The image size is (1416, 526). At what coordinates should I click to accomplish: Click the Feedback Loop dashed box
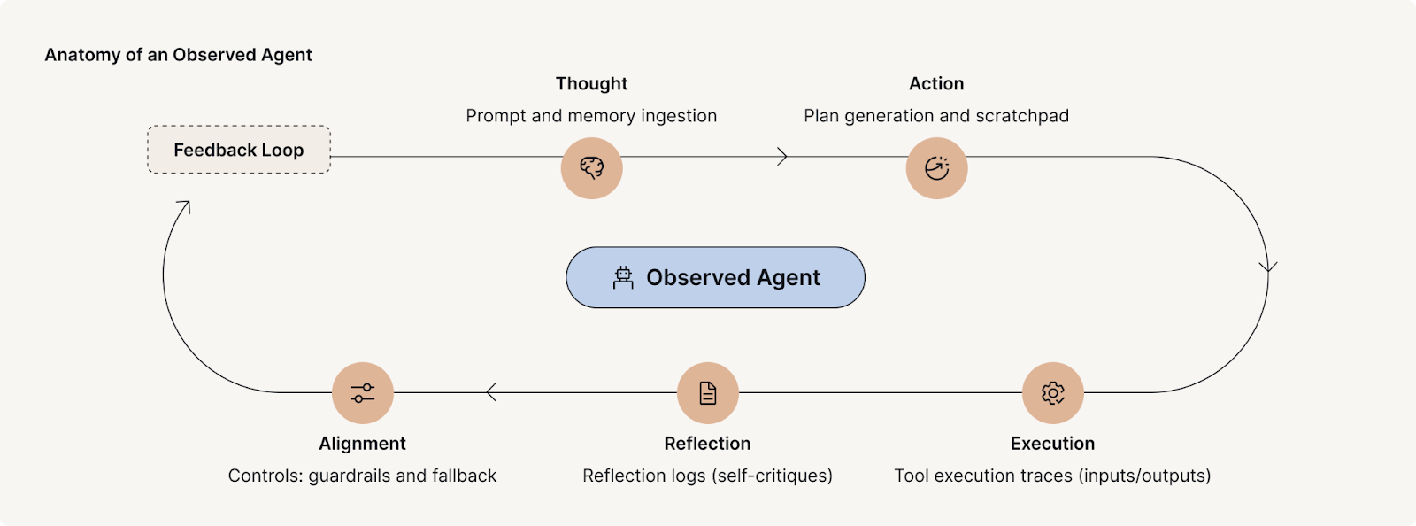coord(238,150)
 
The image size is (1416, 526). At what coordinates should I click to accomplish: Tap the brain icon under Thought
coord(591,167)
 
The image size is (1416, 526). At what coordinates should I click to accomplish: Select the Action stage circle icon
coord(936,167)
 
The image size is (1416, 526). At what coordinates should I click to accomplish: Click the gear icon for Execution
coord(1052,392)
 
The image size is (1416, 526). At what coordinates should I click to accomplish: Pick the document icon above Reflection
coord(707,392)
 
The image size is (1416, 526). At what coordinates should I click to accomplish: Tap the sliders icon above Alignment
coord(362,392)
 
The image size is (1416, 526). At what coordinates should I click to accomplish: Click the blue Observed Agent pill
coord(715,277)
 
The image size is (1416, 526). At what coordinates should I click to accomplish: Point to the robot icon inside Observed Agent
coord(623,278)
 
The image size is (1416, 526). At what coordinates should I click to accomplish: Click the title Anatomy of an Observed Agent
coord(178,55)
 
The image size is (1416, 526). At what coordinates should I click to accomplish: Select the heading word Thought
coord(591,83)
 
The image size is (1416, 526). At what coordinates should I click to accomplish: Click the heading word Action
coord(936,83)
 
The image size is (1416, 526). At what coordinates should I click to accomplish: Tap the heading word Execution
coord(1052,444)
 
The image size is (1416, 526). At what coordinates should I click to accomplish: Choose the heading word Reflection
coord(707,444)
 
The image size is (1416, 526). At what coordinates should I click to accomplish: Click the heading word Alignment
coord(362,444)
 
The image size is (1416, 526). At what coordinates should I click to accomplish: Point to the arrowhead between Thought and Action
coord(782,157)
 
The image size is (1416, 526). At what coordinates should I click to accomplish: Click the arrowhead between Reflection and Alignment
coord(490,392)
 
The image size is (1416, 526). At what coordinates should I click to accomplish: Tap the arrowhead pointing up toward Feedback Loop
coord(183,206)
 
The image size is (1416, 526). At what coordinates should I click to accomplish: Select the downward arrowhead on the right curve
coord(1268,267)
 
